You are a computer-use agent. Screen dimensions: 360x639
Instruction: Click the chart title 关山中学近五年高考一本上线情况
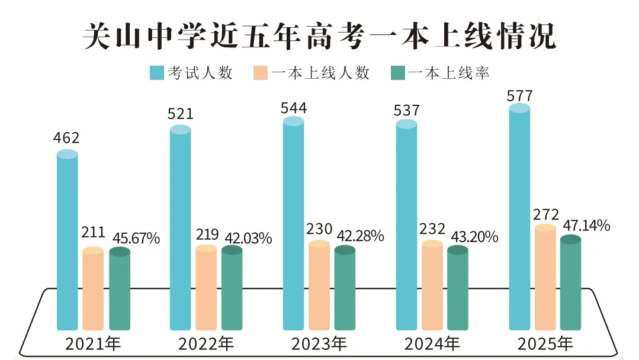[x=319, y=37]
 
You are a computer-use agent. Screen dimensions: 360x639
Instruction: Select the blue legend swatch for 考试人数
[x=156, y=73]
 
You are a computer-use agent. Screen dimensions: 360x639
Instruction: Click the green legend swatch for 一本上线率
[x=397, y=73]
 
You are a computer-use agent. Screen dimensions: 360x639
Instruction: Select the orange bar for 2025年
[x=545, y=278]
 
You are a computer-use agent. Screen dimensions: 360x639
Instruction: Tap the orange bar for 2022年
[x=206, y=288]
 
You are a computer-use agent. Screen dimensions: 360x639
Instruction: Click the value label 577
[x=520, y=95]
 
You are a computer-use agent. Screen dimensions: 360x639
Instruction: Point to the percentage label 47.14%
[x=586, y=226]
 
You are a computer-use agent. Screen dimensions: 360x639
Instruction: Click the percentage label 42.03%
[x=248, y=238]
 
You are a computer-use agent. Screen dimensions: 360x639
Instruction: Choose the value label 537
[x=406, y=110]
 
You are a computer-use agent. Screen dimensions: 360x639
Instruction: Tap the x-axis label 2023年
[x=319, y=343]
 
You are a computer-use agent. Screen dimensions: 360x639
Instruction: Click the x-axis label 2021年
[x=93, y=343]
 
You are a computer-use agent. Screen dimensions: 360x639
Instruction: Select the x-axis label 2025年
[x=545, y=343]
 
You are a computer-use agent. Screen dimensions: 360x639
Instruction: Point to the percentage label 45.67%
[x=134, y=238]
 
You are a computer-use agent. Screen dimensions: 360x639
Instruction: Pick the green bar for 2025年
[x=571, y=284]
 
